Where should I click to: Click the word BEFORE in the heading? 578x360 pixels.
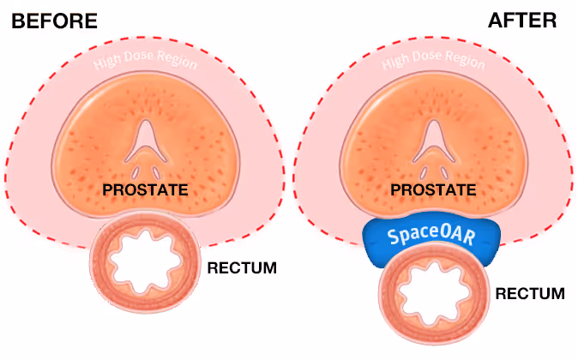click(54, 21)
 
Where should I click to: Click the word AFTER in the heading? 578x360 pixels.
click(522, 21)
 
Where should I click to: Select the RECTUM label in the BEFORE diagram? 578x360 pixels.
click(243, 268)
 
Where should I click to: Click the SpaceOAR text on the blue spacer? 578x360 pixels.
click(428, 234)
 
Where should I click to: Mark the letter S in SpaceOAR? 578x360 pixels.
click(392, 234)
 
